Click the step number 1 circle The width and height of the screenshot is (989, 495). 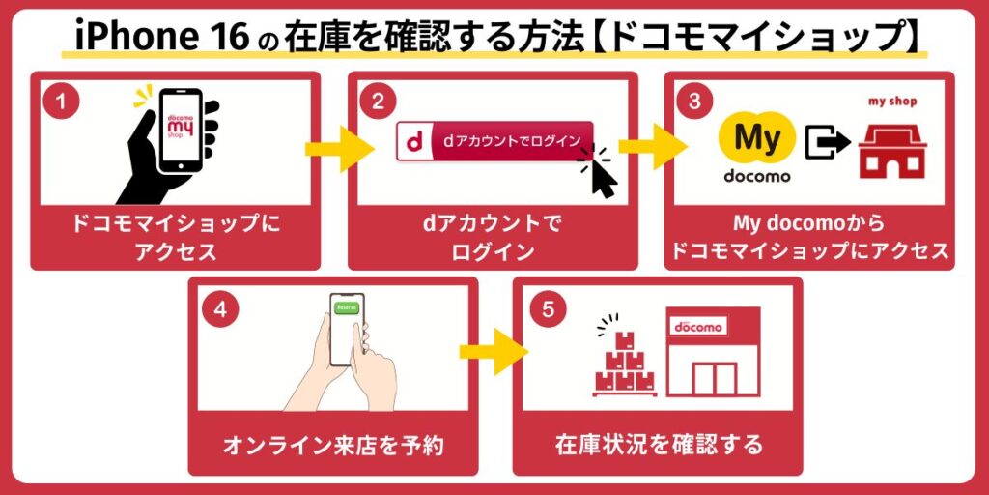[x=60, y=100]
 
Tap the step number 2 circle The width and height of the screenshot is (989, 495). [x=378, y=100]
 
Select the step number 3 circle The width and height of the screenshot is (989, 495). [x=693, y=100]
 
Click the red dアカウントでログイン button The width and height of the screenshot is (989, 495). [x=494, y=141]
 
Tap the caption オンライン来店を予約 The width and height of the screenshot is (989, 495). [x=333, y=446]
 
